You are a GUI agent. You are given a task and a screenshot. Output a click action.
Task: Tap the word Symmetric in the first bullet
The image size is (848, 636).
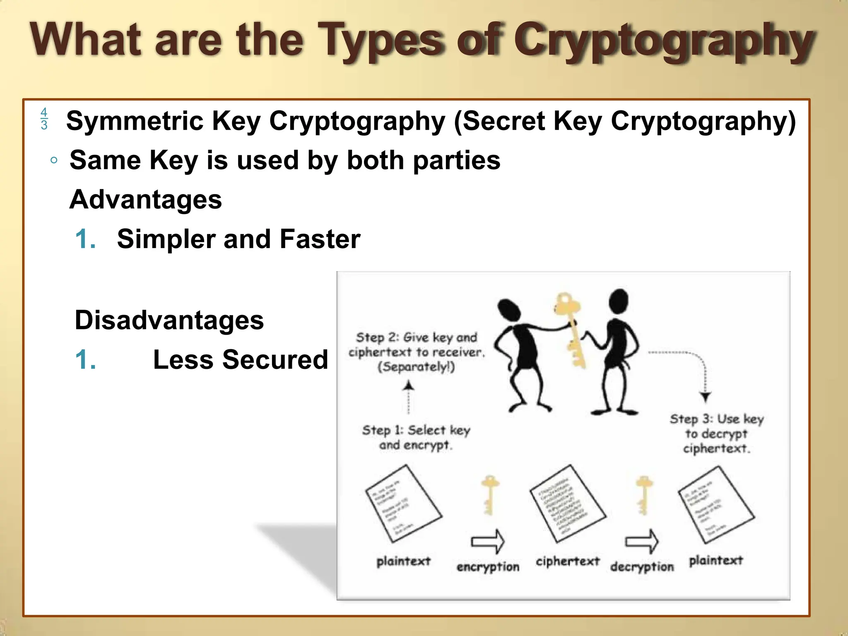(x=134, y=121)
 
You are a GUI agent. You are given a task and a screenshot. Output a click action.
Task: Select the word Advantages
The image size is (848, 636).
(x=146, y=200)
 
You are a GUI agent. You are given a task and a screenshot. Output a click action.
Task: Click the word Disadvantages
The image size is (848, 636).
(x=169, y=320)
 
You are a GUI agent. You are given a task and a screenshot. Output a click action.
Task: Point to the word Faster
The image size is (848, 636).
(x=320, y=239)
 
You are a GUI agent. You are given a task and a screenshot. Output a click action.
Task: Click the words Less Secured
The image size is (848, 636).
(x=240, y=359)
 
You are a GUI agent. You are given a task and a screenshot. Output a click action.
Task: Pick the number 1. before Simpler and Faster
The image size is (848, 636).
(x=86, y=239)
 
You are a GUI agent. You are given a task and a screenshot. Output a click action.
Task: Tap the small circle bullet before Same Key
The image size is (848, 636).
(x=54, y=161)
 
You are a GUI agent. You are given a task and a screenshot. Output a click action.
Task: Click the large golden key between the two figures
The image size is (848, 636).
(x=571, y=327)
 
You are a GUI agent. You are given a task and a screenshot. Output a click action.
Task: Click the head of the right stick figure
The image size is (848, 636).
(x=619, y=301)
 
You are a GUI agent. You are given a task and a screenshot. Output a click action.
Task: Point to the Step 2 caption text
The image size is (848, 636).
(x=416, y=352)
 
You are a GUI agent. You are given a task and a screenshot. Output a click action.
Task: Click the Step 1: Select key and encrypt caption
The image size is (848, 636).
(x=416, y=437)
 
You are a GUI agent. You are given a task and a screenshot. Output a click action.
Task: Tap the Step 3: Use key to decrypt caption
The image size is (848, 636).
(x=716, y=434)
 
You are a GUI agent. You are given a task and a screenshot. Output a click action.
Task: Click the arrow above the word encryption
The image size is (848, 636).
(x=488, y=541)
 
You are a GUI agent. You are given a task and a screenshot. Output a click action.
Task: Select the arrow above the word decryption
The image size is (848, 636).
(x=642, y=541)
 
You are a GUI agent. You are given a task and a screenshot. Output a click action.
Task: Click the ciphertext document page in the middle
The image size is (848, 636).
(x=567, y=503)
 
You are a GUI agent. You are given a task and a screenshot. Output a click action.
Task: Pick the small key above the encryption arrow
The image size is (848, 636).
(x=489, y=495)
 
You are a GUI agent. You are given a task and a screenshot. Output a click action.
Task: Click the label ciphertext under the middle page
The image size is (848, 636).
(x=567, y=561)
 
